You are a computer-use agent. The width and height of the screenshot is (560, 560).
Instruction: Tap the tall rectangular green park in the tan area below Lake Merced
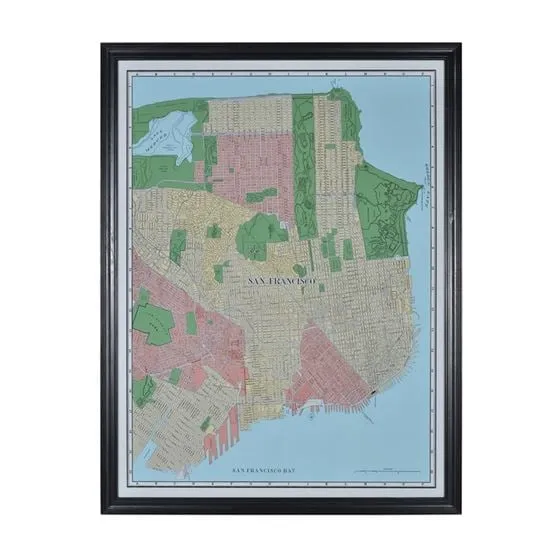[x=178, y=245]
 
